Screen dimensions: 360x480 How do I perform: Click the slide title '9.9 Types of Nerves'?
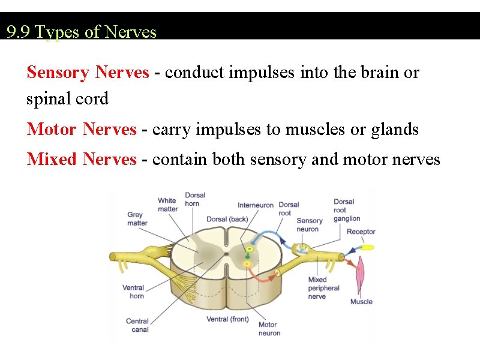[82, 32]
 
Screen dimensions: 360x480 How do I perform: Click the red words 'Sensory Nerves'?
[88, 73]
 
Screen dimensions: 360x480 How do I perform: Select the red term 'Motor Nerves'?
[82, 129]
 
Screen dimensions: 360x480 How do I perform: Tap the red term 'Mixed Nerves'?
[82, 159]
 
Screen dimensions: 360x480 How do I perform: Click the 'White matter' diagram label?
[167, 205]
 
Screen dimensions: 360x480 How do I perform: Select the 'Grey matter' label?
[137, 219]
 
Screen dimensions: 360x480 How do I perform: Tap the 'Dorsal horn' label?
[195, 199]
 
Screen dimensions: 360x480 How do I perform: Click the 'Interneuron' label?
[256, 205]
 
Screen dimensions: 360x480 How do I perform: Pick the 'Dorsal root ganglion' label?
[347, 210]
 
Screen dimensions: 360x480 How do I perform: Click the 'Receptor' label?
[361, 232]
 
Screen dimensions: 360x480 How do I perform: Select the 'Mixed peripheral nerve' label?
[323, 288]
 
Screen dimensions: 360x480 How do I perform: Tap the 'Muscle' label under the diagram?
[361, 302]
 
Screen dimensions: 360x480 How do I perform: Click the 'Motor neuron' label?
[269, 329]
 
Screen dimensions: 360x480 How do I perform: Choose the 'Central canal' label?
[137, 325]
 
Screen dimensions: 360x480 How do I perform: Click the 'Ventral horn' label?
[133, 292]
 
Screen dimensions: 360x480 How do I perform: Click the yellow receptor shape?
[367, 247]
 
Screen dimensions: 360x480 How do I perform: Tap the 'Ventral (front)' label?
[227, 319]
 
